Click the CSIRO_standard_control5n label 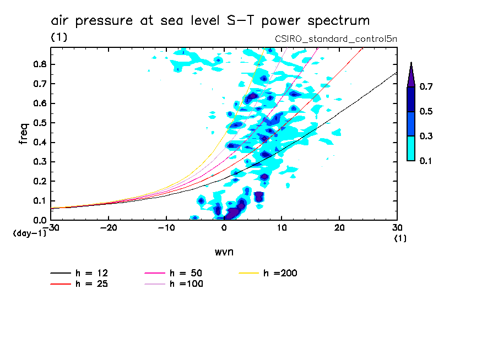click(x=335, y=39)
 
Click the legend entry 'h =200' click(x=280, y=273)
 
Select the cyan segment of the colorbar click(x=411, y=148)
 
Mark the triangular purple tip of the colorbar click(x=411, y=76)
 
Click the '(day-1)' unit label click(x=29, y=233)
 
